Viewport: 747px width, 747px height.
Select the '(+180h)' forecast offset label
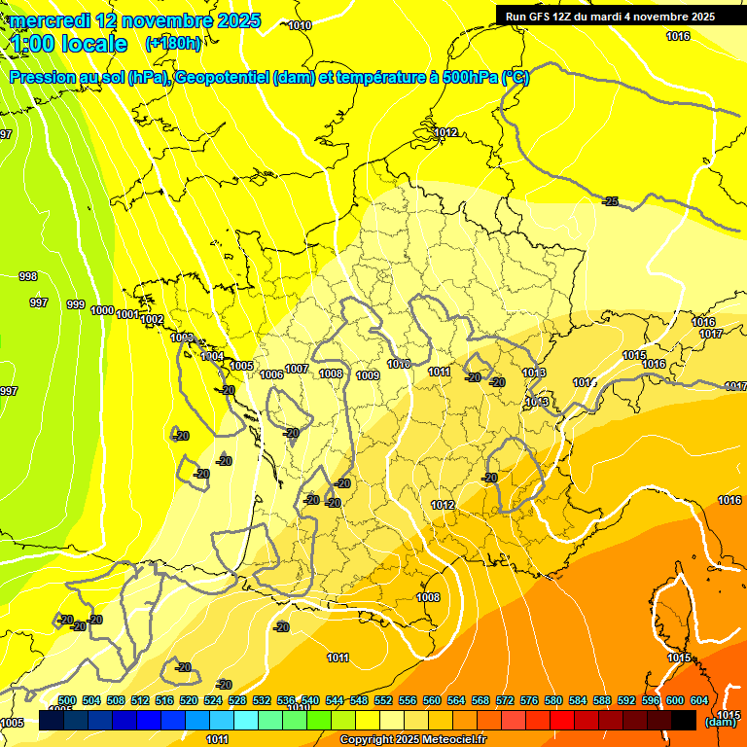[x=173, y=44]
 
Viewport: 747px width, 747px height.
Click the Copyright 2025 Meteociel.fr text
[x=413, y=740]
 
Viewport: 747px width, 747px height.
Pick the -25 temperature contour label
[x=610, y=201]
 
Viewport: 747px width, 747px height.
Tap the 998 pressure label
[x=28, y=276]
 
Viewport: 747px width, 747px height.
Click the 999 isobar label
[x=75, y=305]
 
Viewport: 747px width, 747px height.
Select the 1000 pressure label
[x=101, y=310]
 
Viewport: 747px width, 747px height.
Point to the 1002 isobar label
[x=152, y=320]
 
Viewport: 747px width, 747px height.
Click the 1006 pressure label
[x=272, y=374]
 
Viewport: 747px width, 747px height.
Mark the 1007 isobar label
[x=297, y=369]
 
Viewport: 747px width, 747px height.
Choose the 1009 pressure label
[x=367, y=375]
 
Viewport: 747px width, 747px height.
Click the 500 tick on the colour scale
[x=67, y=701]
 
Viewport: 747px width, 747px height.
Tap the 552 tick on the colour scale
[x=383, y=701]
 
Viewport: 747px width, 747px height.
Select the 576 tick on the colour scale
[x=529, y=701]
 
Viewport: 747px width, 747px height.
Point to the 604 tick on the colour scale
[x=698, y=701]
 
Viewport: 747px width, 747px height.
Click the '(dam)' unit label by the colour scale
[x=721, y=722]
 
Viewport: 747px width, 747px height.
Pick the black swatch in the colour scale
[x=684, y=720]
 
